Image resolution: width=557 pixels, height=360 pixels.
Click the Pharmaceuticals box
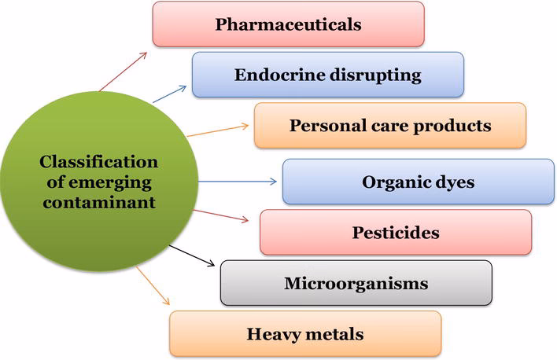point(288,24)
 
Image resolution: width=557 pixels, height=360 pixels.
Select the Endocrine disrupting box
point(327,75)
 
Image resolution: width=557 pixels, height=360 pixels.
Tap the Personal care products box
point(389,126)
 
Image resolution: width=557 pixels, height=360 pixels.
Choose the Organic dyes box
point(418,182)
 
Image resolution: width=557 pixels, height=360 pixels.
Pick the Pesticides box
point(396,233)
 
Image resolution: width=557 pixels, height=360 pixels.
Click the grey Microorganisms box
point(356,283)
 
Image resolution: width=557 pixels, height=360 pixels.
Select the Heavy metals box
point(305,333)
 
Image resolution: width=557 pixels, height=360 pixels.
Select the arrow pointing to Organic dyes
point(236,182)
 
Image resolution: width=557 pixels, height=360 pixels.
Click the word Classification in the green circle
point(98,163)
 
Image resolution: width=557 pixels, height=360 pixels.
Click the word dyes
point(453,182)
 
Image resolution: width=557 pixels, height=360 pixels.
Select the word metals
point(338,333)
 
